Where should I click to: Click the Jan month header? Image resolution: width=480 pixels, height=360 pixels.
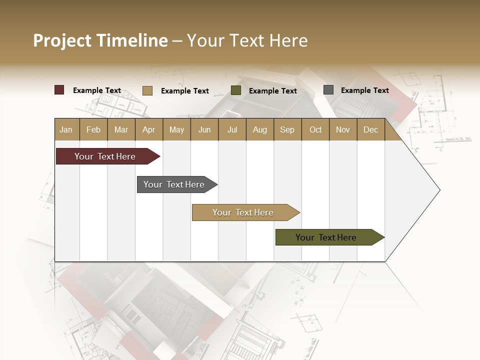66,129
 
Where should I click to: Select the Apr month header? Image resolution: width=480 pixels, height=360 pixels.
148,129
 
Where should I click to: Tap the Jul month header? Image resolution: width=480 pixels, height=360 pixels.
232,129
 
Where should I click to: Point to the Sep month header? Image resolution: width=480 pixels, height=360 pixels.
287,129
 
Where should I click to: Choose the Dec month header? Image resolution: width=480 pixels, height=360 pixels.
370,129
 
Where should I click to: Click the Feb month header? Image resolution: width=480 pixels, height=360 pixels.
93,129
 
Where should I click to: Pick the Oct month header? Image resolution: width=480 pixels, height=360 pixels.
315,129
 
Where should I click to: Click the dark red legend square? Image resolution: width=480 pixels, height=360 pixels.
59,90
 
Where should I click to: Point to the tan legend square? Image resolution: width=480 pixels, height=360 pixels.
147,90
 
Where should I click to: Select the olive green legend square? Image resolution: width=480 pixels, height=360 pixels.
236,90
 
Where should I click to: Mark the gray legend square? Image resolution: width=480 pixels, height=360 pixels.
328,90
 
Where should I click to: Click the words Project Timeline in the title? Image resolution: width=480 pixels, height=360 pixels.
100,40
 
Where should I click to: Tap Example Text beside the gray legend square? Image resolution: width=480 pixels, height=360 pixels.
364,90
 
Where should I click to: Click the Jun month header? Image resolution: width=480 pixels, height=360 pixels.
204,129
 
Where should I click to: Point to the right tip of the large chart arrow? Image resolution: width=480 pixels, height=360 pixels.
439,190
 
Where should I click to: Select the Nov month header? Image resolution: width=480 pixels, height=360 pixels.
343,129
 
